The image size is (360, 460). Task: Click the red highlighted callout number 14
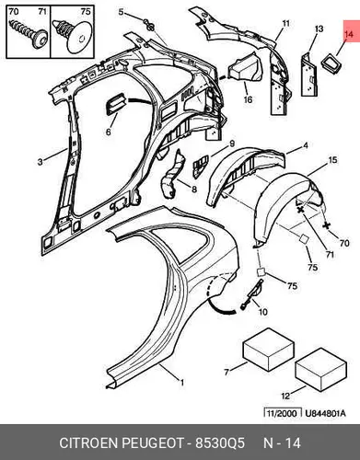[349, 34]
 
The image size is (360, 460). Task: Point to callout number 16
[248, 99]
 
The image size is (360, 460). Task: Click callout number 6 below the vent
[108, 132]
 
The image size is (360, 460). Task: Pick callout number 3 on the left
[41, 162]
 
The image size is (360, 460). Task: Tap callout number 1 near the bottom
[182, 383]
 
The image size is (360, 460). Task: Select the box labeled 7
[269, 350]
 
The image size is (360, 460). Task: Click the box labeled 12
[320, 370]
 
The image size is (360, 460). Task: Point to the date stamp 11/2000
[281, 413]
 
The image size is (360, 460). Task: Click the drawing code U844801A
[325, 413]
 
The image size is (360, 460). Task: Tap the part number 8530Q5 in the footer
[220, 443]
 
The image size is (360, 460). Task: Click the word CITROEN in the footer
[88, 443]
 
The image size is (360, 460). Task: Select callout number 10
[263, 312]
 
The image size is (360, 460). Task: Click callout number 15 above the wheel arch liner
[333, 160]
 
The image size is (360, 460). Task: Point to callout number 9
[232, 144]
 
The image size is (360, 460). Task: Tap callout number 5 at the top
[121, 12]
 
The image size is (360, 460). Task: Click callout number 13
[319, 29]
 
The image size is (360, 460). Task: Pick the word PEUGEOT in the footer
[153, 443]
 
